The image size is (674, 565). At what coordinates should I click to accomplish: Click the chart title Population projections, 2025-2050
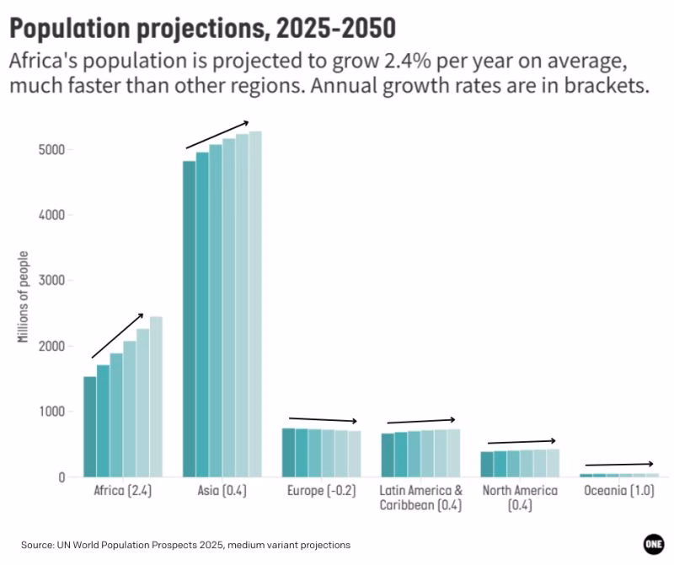(203, 29)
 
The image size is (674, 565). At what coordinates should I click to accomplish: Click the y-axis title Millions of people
(24, 297)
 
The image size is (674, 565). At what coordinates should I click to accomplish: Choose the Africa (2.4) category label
(123, 491)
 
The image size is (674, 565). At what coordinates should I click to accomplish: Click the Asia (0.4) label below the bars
(222, 491)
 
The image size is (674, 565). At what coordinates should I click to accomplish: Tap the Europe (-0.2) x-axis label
(321, 491)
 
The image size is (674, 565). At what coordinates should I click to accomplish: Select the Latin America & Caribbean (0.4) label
(420, 498)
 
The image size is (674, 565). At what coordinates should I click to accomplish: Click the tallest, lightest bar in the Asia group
(256, 304)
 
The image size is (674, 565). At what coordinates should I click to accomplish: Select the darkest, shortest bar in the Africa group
(89, 426)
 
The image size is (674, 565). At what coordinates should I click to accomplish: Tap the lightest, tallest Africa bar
(156, 396)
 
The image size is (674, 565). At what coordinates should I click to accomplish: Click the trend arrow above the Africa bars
(117, 336)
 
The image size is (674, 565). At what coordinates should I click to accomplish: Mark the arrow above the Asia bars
(217, 135)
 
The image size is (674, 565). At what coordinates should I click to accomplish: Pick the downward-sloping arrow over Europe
(323, 420)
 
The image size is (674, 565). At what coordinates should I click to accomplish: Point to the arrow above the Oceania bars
(619, 465)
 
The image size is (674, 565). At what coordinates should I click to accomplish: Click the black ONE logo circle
(654, 545)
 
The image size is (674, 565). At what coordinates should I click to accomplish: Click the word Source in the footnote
(39, 546)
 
